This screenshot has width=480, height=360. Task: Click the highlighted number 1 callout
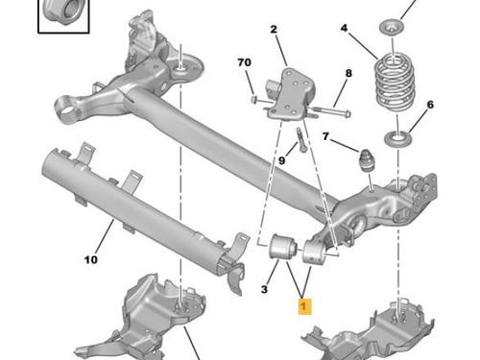coord(304,306)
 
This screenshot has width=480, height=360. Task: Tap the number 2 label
coord(274,30)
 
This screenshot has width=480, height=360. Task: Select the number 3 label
coord(264,289)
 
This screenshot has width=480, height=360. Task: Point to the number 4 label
coord(344,28)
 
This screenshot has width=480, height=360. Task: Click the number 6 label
coord(430,105)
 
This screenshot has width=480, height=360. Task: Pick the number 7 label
coord(325,136)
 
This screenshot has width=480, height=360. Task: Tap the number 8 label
coord(348,73)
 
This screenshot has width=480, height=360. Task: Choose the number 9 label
coord(281,160)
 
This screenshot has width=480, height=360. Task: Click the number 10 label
coord(91,259)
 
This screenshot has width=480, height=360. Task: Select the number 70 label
coord(244,62)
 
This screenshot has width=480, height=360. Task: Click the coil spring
coord(395,83)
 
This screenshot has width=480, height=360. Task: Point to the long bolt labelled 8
coord(330,111)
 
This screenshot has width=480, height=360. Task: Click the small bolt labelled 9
coord(301,139)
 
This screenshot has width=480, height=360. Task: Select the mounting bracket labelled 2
coord(291,94)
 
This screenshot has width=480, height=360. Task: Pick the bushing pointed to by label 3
coord(282,247)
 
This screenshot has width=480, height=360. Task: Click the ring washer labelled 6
coord(397,138)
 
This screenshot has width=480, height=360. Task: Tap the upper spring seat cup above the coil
coord(392,27)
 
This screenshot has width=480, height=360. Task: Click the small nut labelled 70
coord(253,99)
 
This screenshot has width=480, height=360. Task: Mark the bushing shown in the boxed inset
coord(63,12)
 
